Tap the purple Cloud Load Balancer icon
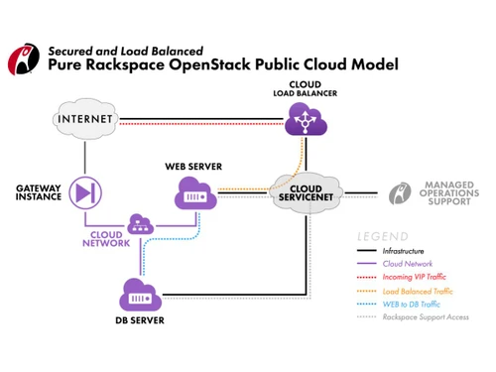pyautogui.click(x=305, y=122)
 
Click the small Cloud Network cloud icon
pyautogui.click(x=142, y=225)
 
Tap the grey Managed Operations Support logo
pyautogui.click(x=401, y=193)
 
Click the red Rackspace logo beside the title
pyautogui.click(x=22, y=59)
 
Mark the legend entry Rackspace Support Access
pyautogui.click(x=426, y=316)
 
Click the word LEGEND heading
pyautogui.click(x=383, y=237)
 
